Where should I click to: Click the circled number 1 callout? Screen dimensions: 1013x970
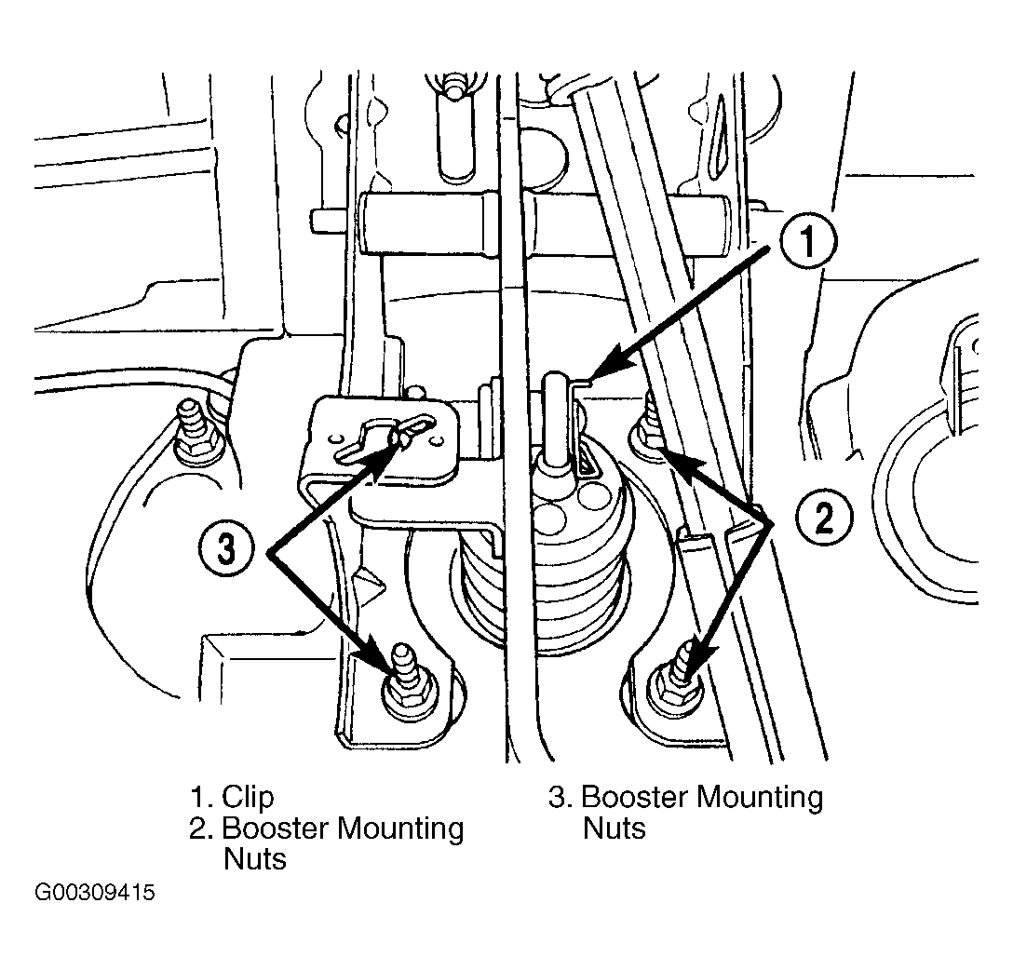tap(808, 241)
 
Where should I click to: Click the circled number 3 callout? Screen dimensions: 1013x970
tap(226, 551)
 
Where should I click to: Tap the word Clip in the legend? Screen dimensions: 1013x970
tap(248, 797)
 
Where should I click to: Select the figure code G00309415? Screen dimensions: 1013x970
tap(94, 893)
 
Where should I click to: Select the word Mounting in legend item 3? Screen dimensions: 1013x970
tap(761, 798)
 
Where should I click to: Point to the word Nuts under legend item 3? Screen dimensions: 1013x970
tap(614, 829)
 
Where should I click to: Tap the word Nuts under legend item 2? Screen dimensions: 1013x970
tap(254, 859)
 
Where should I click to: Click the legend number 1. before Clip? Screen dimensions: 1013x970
tap(200, 797)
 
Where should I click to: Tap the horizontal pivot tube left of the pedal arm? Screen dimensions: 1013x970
tap(426, 224)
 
